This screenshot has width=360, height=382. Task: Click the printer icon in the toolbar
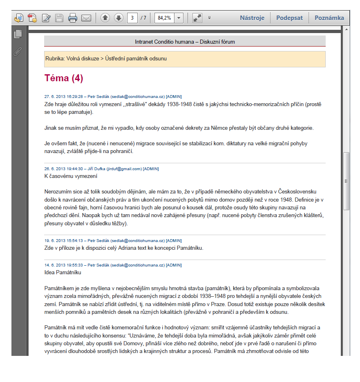pos(73,18)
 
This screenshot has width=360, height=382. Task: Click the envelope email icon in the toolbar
pos(86,18)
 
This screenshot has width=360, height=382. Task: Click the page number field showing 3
pos(132,18)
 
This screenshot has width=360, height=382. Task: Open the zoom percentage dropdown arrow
pos(179,18)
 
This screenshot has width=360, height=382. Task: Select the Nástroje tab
pos(252,18)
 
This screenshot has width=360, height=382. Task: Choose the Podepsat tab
pos(289,18)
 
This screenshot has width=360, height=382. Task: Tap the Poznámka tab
pos(329,18)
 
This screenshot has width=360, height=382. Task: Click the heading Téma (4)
pos(64,78)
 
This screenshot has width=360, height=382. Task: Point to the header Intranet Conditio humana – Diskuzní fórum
pos(185,42)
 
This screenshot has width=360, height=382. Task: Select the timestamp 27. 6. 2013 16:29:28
pos(63,97)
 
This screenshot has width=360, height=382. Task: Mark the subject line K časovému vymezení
pos(71,176)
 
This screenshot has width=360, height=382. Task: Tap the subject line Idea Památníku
pos(63,272)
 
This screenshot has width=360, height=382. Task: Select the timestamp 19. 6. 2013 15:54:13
pos(63,241)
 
